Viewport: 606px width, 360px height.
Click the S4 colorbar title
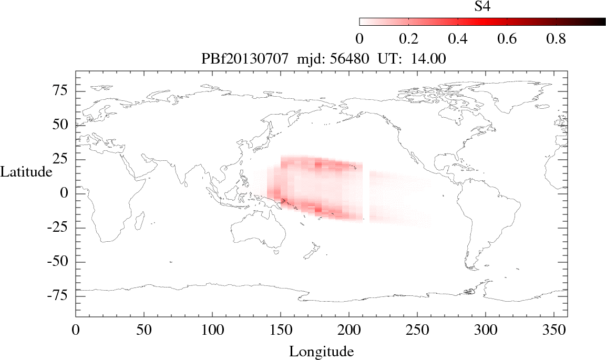point(482,6)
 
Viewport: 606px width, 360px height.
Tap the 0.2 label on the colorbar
point(408,39)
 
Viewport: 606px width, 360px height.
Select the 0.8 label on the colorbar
point(555,39)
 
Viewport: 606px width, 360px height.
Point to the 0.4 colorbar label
point(458,39)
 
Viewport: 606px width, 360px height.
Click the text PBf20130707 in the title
point(245,59)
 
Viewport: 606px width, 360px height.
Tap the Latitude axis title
point(26,172)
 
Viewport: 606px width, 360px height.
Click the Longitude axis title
point(321,351)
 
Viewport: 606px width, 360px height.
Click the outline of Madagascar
point(142,220)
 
